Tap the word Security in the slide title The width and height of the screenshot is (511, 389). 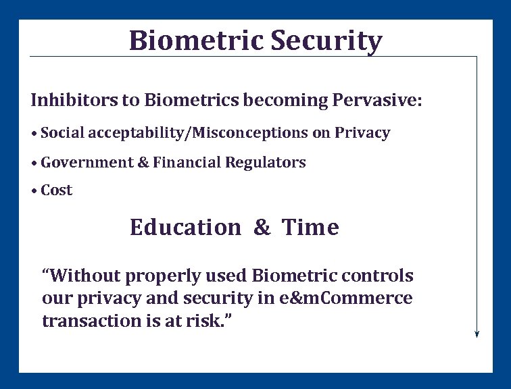[x=326, y=41]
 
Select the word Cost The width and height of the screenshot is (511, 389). [x=57, y=190]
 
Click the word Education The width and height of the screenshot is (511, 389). [x=185, y=228]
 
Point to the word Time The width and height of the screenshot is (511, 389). [x=310, y=228]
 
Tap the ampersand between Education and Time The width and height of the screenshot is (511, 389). [x=262, y=228]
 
